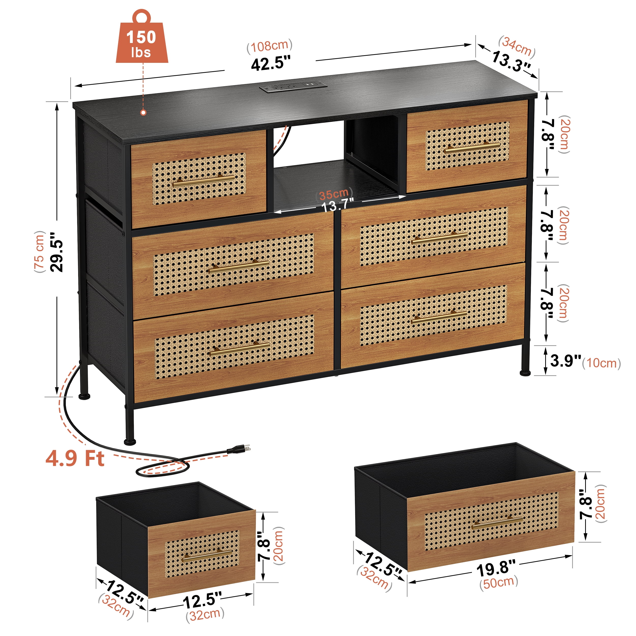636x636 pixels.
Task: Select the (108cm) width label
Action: pos(270,46)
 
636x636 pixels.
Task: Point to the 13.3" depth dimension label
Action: pos(511,61)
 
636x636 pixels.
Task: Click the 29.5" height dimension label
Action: pos(56,252)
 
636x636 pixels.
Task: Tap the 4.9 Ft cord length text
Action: pos(75,459)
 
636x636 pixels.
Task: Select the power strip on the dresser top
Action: pos(293,87)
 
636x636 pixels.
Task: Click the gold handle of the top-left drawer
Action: pos(204,180)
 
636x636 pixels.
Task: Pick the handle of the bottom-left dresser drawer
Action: pos(239,349)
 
